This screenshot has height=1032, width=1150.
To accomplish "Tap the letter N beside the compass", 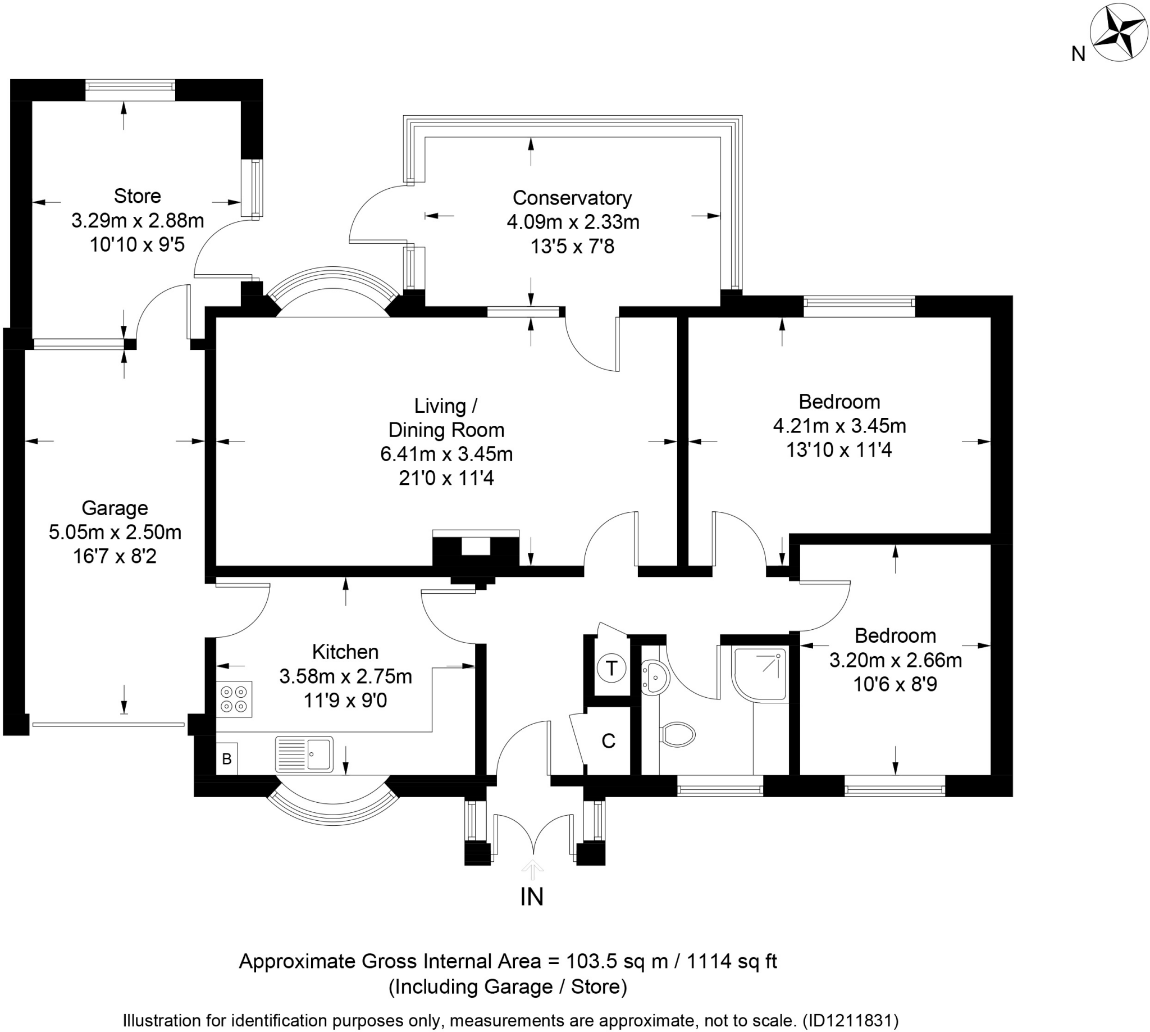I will (1078, 54).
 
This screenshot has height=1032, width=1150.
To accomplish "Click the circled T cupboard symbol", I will (611, 668).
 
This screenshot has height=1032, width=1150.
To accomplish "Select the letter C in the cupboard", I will (608, 741).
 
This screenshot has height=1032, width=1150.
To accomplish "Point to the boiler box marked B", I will (227, 758).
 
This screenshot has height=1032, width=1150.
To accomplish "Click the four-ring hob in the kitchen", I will (234, 699).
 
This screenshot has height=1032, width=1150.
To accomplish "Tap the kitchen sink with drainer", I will (304, 753).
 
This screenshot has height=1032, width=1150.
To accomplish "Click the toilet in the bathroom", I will (678, 735).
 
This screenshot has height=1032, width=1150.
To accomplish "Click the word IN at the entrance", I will (532, 897).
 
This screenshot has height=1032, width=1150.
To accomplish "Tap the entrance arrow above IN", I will (532, 869).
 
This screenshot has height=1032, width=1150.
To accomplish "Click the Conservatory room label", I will (572, 198).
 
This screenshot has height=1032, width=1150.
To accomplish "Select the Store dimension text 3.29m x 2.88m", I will (138, 220).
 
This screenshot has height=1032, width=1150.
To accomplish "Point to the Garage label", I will (115, 508).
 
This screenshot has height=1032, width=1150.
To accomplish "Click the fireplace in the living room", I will (476, 549).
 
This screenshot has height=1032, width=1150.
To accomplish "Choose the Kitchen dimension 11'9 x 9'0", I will (345, 701).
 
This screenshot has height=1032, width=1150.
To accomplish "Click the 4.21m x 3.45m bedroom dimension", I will (839, 425).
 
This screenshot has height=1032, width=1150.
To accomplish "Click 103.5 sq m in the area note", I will (617, 962).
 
